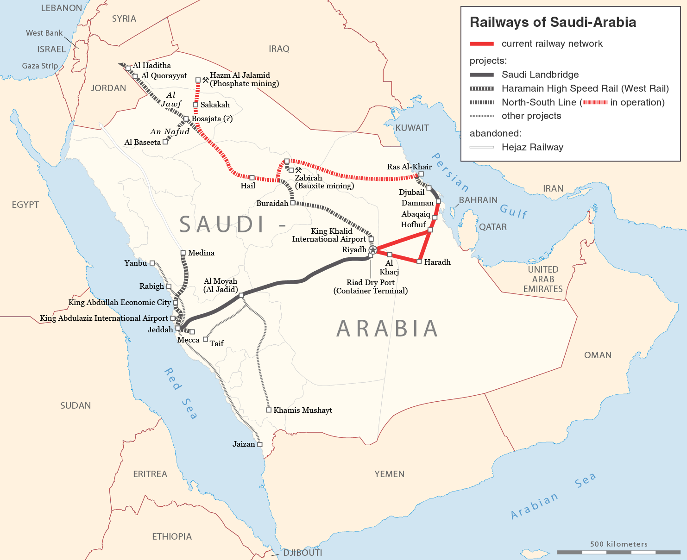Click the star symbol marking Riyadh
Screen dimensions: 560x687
pos(373,250)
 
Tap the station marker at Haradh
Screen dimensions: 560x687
pos(419,262)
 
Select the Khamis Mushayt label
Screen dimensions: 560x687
pos(303,410)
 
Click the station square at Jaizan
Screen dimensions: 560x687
pos(259,444)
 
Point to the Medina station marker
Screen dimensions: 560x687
pos(183,253)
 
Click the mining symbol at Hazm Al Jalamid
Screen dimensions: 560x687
pos(206,79)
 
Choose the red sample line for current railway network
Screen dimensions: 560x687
pos(482,44)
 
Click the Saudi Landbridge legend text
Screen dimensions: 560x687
pos(540,75)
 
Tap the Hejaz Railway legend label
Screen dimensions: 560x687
pos(532,147)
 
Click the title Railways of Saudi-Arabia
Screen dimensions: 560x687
pos(553,22)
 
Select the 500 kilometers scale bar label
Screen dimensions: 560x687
pos(619,544)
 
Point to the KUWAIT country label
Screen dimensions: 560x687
pos(412,128)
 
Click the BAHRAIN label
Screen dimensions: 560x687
pos(478,200)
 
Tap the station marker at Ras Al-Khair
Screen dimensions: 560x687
pos(421,174)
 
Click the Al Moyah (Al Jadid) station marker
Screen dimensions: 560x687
pos(241,295)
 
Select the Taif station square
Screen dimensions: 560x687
pos(206,339)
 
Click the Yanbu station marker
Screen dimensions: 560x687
pos(152,263)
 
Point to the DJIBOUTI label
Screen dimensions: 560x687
pos(303,553)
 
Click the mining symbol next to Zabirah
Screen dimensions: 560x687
pos(298,170)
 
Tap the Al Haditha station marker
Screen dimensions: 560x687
pos(128,68)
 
